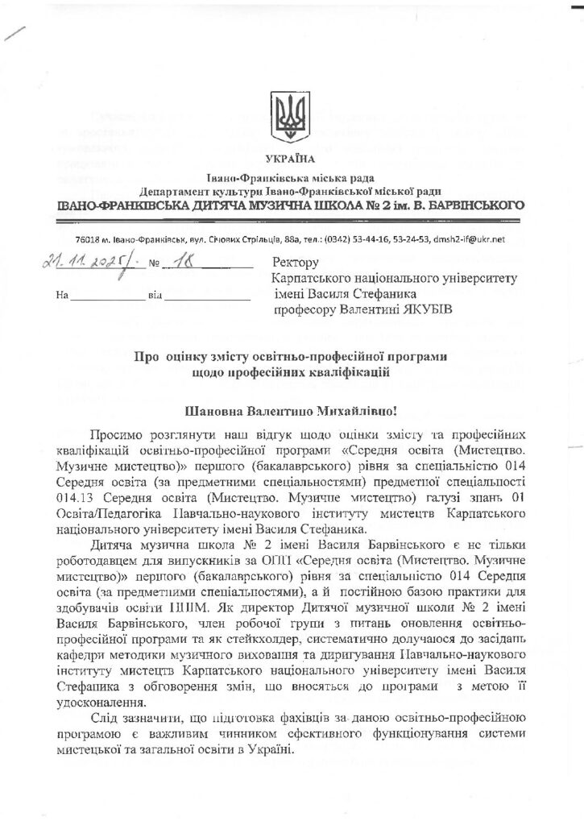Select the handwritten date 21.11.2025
[80, 263]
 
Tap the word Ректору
[296, 262]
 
